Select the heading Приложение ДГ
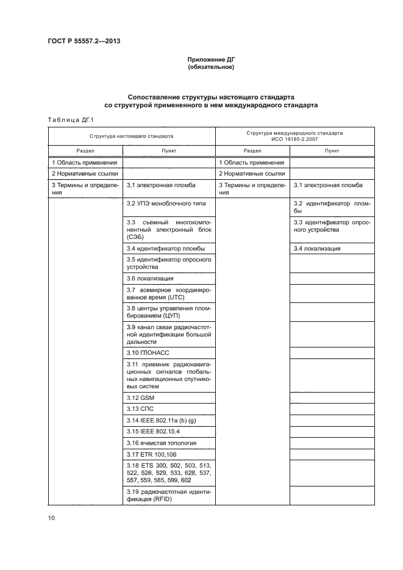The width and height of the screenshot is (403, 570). tap(210, 59)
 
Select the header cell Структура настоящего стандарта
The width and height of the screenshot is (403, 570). tap(131, 136)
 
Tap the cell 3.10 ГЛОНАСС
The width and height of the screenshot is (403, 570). tap(148, 352)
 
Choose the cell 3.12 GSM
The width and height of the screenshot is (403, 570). tap(140, 397)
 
